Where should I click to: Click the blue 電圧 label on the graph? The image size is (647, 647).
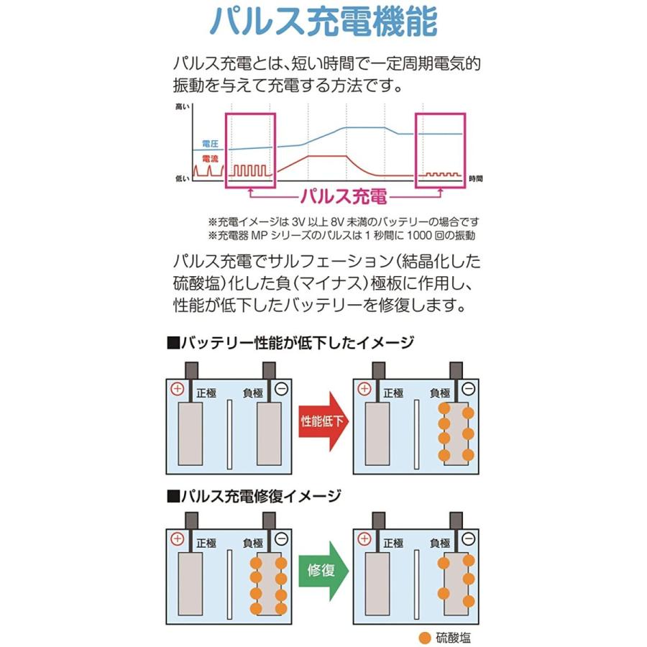[x=210, y=144]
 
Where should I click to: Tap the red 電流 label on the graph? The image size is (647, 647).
[x=210, y=158]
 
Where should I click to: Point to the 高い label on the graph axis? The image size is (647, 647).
[x=182, y=106]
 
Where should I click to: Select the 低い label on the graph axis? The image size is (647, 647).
[x=182, y=177]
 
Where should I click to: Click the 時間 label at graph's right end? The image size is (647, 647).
[x=475, y=178]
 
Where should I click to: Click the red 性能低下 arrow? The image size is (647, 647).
[x=323, y=421]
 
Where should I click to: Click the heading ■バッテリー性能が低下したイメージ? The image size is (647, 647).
[x=290, y=342]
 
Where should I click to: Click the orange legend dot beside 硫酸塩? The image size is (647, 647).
[x=424, y=637]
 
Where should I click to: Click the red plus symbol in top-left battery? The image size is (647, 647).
[x=178, y=389]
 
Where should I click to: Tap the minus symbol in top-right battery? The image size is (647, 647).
[x=281, y=389]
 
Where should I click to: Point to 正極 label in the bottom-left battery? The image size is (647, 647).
[x=206, y=543]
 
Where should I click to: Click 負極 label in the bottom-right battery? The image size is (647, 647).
[x=439, y=543]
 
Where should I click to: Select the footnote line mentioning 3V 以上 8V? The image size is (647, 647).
[x=343, y=221]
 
